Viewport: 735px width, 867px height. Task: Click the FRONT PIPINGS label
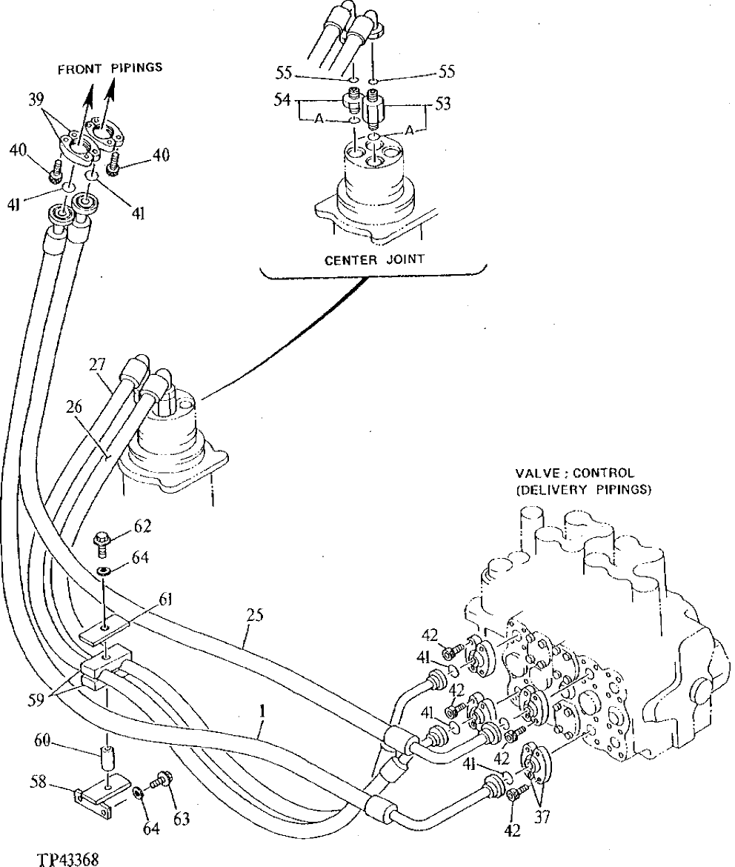coord(111,67)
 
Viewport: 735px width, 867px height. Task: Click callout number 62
coord(142,527)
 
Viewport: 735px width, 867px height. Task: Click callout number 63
coord(181,818)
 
